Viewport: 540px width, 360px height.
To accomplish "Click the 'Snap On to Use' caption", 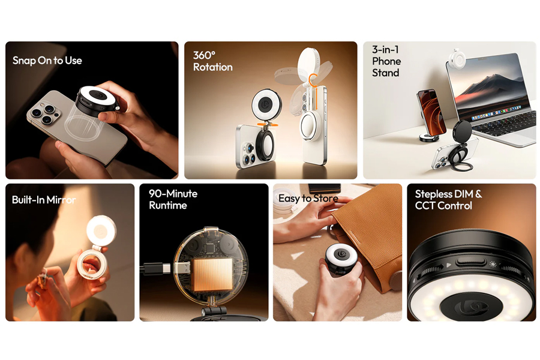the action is (x=47, y=61).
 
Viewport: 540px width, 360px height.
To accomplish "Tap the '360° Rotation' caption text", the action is (x=212, y=61).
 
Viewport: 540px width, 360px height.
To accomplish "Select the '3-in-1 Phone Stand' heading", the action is (x=386, y=61).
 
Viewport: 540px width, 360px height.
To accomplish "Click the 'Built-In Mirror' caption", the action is (x=44, y=200).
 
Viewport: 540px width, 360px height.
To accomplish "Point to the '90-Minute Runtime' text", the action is (x=173, y=199).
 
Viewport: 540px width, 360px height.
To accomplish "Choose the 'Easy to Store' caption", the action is (x=308, y=199).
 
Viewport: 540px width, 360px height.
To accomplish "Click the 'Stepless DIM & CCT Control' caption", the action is (x=448, y=200).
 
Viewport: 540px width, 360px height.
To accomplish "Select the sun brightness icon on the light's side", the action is (x=493, y=265).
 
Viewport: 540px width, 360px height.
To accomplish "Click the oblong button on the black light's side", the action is (x=470, y=262).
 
